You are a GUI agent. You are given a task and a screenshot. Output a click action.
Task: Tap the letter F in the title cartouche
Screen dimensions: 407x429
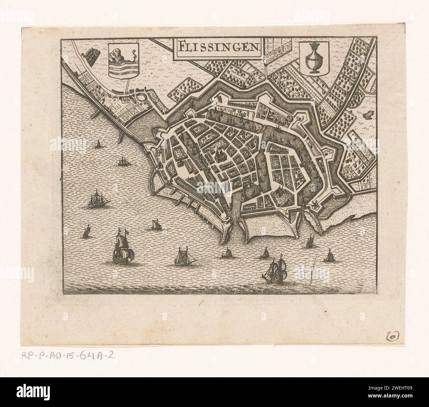(178, 47)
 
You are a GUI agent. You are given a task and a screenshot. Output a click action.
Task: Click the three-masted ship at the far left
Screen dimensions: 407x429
(96, 200)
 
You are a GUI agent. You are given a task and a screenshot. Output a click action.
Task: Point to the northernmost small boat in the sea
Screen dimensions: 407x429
(98, 144)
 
